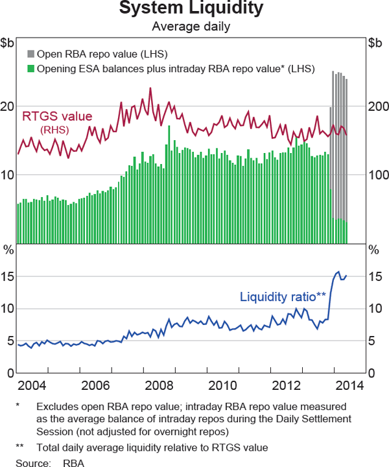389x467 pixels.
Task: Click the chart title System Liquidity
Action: click(x=191, y=9)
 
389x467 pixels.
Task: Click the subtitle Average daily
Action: click(x=191, y=27)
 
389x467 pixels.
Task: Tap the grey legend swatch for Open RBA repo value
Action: click(x=30, y=54)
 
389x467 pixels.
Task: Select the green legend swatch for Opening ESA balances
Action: click(x=30, y=68)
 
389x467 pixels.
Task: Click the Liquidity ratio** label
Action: click(x=283, y=297)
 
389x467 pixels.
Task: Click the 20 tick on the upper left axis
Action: click(x=8, y=107)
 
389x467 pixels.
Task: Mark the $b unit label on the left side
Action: click(x=8, y=43)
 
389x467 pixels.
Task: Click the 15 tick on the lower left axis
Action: click(x=8, y=276)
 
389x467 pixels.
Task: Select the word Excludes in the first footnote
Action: click(x=57, y=407)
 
